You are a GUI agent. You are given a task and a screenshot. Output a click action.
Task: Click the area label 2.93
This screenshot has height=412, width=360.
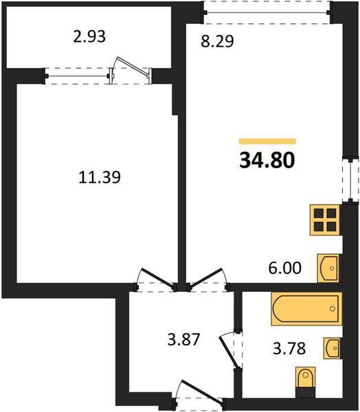point(89,36)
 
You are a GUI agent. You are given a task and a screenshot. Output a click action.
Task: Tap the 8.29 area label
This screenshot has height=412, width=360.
point(217,41)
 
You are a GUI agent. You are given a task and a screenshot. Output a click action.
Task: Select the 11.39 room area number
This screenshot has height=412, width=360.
point(100,177)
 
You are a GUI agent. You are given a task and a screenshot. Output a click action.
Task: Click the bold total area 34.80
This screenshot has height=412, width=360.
point(267,160)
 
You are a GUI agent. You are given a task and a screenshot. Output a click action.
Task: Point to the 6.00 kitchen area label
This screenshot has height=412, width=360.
point(285,268)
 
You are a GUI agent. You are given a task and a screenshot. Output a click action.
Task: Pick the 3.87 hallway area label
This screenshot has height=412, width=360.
point(184,339)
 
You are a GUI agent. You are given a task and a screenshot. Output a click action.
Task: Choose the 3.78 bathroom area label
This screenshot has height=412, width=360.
point(289,349)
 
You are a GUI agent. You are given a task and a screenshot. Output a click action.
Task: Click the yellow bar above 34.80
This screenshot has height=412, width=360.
point(267,141)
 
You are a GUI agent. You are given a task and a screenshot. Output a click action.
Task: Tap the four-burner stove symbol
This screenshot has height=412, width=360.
point(325,220)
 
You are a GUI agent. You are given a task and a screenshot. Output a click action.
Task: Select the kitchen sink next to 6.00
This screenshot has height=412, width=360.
point(328,268)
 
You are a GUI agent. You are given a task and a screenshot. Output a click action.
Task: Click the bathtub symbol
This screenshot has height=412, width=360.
point(306,309)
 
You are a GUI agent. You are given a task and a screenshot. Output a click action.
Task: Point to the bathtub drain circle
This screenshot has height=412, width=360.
point(333,309)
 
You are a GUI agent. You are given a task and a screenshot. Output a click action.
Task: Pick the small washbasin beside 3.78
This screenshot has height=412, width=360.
point(332,348)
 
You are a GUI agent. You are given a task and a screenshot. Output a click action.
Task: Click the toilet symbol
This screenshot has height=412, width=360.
point(305,378)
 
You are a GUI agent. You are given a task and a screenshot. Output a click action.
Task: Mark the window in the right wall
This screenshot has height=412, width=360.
point(350,180)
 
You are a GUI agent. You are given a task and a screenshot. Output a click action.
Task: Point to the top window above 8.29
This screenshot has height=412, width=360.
point(267,12)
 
